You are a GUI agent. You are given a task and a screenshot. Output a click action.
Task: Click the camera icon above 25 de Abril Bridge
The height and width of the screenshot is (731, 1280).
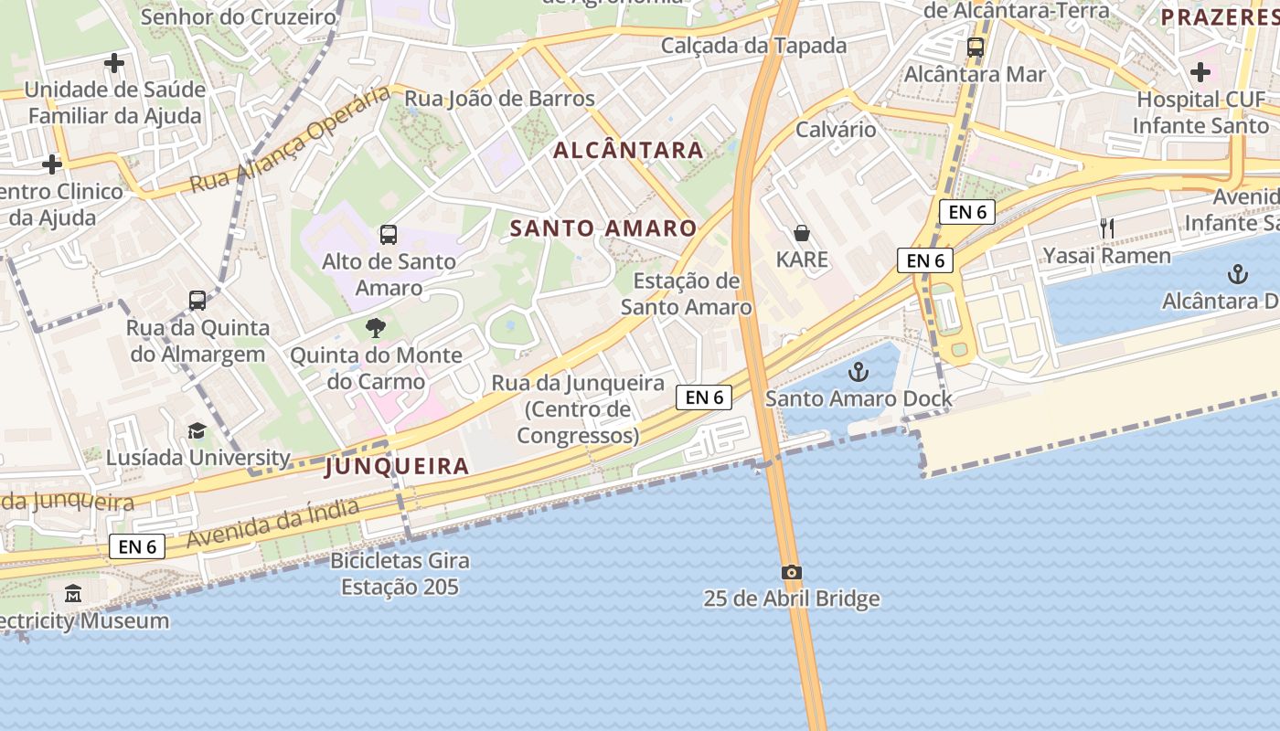point(792,573)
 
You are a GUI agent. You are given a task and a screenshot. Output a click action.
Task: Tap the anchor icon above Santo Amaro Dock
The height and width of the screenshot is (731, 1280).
point(858,372)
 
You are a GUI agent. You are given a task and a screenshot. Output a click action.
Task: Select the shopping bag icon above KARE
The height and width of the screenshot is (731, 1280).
point(802,233)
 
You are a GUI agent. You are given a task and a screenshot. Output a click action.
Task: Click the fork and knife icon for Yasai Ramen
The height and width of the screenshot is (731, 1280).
point(1107,228)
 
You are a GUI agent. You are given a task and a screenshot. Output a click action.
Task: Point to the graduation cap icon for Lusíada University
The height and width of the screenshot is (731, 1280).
point(197,431)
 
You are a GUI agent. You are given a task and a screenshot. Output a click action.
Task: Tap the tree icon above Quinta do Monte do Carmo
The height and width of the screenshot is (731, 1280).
point(376,328)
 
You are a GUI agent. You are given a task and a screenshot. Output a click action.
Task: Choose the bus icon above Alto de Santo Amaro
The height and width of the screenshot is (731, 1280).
point(389,235)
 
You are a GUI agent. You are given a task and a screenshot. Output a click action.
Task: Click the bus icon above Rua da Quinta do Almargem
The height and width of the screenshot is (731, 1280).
point(197,301)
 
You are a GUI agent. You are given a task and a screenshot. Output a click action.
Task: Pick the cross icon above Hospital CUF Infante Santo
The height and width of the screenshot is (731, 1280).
point(1200,71)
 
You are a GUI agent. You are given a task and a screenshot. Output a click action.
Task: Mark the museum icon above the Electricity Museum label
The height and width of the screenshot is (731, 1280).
point(73,594)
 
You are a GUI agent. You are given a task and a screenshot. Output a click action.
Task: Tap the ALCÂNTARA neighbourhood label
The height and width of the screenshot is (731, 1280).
point(628,151)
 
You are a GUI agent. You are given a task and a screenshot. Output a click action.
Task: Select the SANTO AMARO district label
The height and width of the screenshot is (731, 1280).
point(603,228)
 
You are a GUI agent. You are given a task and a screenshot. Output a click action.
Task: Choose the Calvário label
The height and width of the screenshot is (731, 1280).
point(836,129)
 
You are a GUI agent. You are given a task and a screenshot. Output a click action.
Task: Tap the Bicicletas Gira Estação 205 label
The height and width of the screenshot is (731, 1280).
point(400,573)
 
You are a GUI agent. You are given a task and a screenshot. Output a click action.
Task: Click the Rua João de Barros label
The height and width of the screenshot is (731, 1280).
point(499,99)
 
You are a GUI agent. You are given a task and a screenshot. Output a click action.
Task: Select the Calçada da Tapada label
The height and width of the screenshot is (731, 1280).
point(753,46)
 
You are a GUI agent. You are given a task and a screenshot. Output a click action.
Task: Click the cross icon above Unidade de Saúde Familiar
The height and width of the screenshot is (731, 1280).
point(114,63)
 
